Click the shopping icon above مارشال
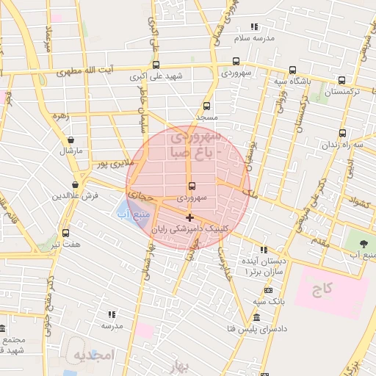point(71,140)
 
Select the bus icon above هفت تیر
point(65,233)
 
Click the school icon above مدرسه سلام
point(254,27)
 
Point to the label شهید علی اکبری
point(156,76)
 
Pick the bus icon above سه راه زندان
point(342,133)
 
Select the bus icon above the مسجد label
point(206,106)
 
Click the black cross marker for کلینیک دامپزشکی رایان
point(189,217)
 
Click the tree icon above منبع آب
point(362,243)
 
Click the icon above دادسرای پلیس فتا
point(256,317)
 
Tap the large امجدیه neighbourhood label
point(91,355)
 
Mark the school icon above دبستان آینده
point(264,250)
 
